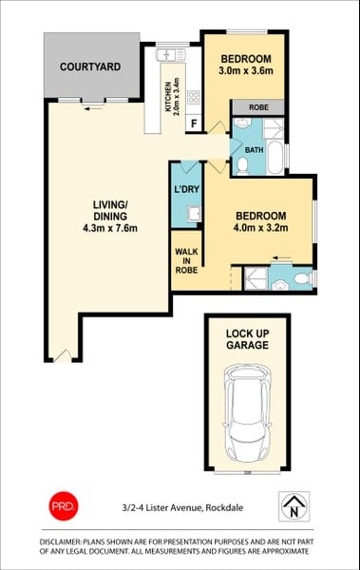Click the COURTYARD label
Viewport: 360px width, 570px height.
click(x=90, y=66)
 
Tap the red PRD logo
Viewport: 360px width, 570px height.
click(x=64, y=505)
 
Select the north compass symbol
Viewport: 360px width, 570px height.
click(x=294, y=506)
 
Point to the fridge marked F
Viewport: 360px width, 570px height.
click(x=194, y=123)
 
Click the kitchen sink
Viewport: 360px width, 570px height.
click(x=171, y=55)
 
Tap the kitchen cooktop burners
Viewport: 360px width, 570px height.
click(x=193, y=97)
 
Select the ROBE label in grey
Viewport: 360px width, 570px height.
click(x=258, y=107)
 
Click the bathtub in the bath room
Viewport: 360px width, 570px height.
click(x=275, y=157)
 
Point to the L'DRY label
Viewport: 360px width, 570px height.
click(x=186, y=189)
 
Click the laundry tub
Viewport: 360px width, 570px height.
click(x=194, y=214)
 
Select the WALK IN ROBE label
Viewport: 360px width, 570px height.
click(x=186, y=260)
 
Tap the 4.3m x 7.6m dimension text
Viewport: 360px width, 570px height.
click(x=110, y=229)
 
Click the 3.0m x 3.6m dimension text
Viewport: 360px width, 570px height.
click(x=246, y=70)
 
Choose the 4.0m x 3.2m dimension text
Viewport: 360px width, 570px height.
click(x=260, y=228)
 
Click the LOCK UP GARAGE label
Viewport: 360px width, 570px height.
click(x=247, y=339)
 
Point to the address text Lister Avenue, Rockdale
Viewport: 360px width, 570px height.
click(x=195, y=508)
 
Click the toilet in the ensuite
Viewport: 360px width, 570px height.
click(x=302, y=278)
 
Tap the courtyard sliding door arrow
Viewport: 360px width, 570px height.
click(x=93, y=108)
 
